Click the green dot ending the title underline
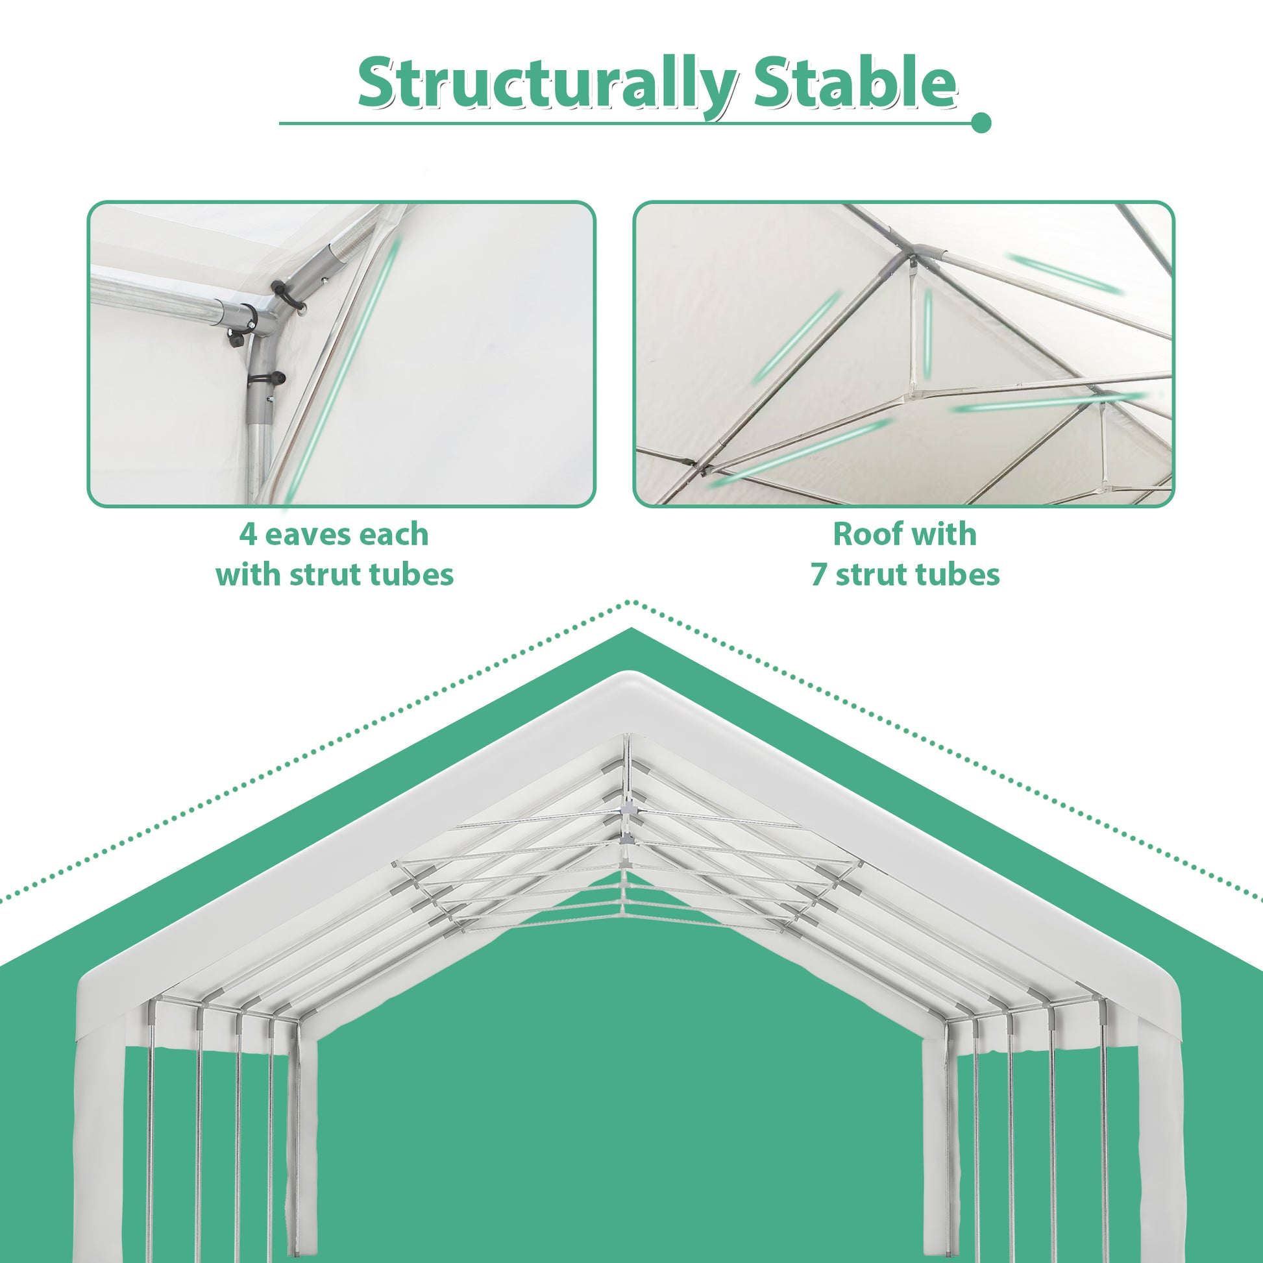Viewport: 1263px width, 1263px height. click(x=981, y=122)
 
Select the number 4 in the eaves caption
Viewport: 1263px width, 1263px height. click(x=248, y=535)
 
